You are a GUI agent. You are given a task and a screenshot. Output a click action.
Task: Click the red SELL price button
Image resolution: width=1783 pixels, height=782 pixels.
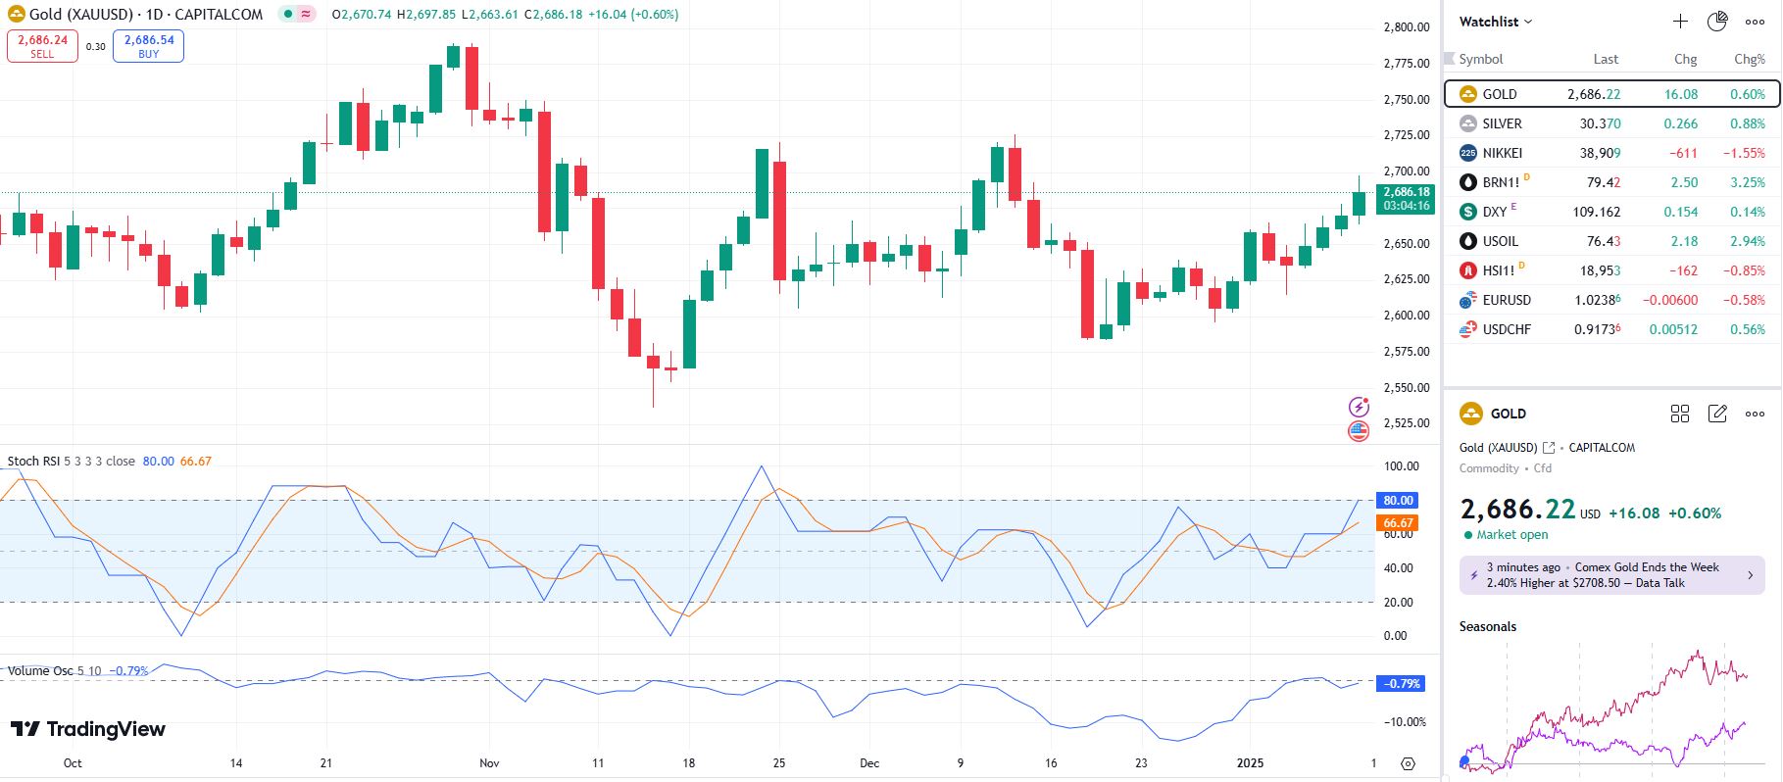[42, 46]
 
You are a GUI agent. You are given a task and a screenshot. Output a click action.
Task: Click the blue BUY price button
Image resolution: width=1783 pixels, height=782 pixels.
[148, 46]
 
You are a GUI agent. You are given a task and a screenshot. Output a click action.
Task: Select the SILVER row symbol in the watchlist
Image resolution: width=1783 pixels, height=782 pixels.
[1502, 123]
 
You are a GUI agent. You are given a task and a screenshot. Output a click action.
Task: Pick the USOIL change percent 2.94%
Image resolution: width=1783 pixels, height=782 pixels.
[1746, 241]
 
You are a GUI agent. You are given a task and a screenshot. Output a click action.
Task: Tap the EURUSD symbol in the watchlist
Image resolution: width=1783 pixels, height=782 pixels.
[1506, 300]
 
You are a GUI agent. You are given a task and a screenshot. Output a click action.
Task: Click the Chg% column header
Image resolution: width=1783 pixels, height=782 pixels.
[1749, 59]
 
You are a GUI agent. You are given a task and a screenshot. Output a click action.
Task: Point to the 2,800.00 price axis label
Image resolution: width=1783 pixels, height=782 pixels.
[1406, 27]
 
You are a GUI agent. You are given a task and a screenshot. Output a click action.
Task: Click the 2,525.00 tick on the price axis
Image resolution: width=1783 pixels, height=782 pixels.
[1406, 423]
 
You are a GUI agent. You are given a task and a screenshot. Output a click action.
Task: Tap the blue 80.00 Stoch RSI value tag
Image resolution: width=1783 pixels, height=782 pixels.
[1398, 501]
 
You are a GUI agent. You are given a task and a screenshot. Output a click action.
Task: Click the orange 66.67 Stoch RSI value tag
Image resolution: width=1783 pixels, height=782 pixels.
[1398, 523]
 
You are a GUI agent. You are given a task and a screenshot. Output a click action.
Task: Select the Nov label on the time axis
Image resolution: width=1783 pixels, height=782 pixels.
[489, 762]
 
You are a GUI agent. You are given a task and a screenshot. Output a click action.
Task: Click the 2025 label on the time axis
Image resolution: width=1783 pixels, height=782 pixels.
[1250, 762]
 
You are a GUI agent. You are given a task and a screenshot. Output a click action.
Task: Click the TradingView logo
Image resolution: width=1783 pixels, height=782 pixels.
[88, 729]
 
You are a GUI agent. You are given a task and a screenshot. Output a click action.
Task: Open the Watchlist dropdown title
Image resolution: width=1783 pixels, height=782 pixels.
[1495, 22]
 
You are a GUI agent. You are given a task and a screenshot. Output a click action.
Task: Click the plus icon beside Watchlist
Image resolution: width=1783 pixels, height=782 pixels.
[1680, 22]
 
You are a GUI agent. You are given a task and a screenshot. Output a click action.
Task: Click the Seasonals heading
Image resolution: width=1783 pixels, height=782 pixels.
[1487, 626]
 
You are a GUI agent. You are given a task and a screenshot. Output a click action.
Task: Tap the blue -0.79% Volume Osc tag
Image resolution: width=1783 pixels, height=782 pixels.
[1400, 684]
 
